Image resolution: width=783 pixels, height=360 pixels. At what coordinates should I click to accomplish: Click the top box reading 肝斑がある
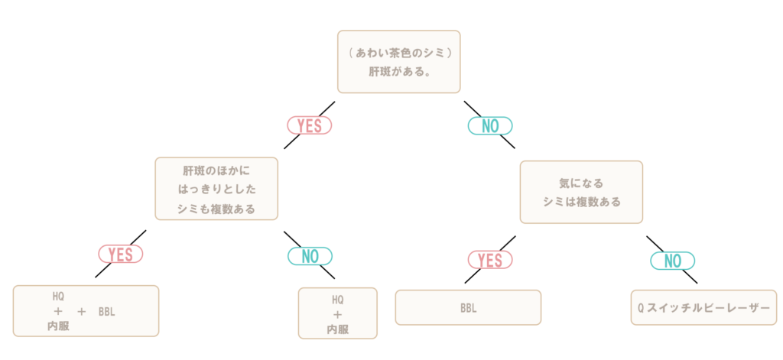tap(398, 61)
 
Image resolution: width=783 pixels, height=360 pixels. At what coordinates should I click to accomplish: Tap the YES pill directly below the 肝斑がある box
tap(310, 126)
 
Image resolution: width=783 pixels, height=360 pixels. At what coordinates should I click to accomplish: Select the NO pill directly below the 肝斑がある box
tap(490, 126)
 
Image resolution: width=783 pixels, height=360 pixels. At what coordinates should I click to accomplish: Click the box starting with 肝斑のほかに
tap(216, 189)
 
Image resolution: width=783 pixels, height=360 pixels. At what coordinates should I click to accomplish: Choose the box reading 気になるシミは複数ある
tap(581, 193)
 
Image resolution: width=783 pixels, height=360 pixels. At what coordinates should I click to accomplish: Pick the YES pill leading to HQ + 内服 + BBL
tap(121, 255)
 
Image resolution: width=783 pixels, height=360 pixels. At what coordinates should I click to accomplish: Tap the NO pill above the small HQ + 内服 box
tap(310, 256)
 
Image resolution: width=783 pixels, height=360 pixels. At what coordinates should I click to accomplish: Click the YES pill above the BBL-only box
tap(490, 260)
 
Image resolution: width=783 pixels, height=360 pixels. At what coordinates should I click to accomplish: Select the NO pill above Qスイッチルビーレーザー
tap(673, 261)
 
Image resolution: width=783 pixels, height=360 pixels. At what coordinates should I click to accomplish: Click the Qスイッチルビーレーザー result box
tap(703, 307)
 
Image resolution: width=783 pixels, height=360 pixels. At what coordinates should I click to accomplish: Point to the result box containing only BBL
tap(468, 307)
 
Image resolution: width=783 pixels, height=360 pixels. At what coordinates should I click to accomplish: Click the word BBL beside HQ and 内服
tap(106, 312)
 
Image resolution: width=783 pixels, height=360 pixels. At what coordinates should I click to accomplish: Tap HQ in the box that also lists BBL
tap(58, 297)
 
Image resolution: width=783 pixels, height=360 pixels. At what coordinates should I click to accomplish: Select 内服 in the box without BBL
tap(337, 329)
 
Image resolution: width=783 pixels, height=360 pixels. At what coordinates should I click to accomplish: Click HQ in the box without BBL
tap(337, 300)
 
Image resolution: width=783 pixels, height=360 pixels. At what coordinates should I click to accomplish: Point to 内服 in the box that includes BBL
tap(58, 326)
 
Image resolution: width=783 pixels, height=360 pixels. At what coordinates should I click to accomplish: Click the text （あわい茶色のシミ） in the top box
tap(398, 53)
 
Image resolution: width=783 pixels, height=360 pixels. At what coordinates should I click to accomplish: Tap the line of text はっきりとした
tap(216, 190)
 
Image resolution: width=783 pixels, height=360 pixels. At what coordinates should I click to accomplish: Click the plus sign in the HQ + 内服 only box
tap(337, 315)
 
